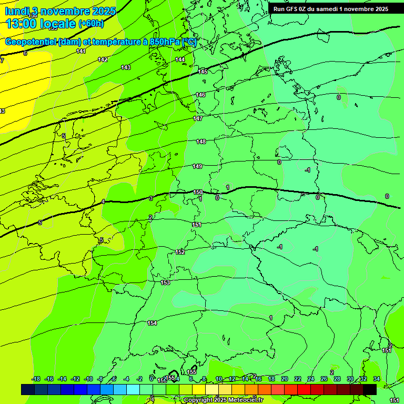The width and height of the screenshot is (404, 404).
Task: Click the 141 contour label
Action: pyautogui.click(x=81, y=51)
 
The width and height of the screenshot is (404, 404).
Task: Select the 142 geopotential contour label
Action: pyautogui.click(x=103, y=59)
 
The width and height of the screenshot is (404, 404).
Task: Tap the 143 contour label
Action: pyautogui.click(x=126, y=67)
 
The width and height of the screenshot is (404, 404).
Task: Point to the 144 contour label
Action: pyautogui.click(x=180, y=59)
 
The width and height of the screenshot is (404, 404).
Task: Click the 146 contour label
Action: pyautogui.click(x=200, y=95)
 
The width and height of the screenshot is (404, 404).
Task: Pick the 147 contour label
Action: pyautogui.click(x=198, y=118)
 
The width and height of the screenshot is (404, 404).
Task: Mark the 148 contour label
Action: pyautogui.click(x=201, y=142)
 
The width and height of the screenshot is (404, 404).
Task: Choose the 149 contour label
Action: pyautogui.click(x=197, y=166)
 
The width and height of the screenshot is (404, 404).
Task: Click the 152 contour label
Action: pyautogui.click(x=180, y=252)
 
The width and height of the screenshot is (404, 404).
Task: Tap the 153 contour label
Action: pyautogui.click(x=165, y=282)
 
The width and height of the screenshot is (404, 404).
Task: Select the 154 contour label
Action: pyautogui.click(x=152, y=323)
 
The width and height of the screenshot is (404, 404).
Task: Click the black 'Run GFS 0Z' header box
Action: pyautogui.click(x=330, y=9)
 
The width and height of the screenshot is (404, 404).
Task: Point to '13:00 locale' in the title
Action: pyautogui.click(x=41, y=23)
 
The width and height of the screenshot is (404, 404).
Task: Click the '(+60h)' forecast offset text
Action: pyautogui.click(x=91, y=24)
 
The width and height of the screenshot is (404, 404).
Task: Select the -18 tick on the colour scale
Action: pyautogui.click(x=36, y=379)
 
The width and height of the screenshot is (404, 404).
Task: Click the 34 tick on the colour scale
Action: pyautogui.click(x=376, y=379)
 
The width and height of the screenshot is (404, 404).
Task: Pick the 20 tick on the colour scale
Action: pyautogui.click(x=285, y=379)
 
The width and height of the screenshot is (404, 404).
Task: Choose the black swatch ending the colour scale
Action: pyautogui.click(x=370, y=389)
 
